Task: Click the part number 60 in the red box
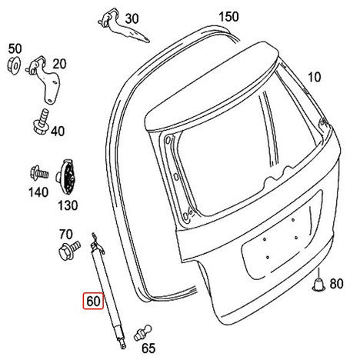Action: point(93,301)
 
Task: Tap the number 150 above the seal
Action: point(228,17)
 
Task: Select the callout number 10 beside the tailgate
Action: point(314,77)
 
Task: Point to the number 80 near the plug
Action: point(336,284)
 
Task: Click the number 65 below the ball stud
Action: point(148,348)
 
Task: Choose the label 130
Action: point(68,205)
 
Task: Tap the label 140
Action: point(38,192)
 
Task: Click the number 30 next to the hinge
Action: point(132,18)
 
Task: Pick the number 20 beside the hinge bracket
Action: point(59,64)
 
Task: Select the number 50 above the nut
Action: point(15,48)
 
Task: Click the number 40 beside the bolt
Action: point(58,132)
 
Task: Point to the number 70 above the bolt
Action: point(66,235)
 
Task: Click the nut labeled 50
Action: point(14,65)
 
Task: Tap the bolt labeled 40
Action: point(42,122)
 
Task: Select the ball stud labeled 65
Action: point(143,333)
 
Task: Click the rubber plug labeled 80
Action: point(318,283)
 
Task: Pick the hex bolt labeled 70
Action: point(68,250)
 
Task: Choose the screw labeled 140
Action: point(39,172)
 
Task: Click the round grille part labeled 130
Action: point(65,177)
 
